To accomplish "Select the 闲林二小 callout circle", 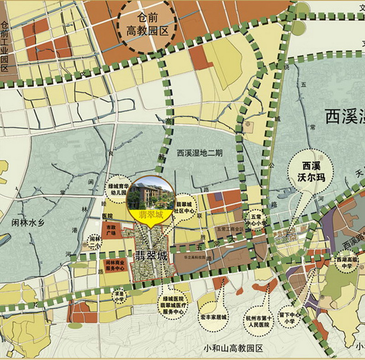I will pos(94,241).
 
